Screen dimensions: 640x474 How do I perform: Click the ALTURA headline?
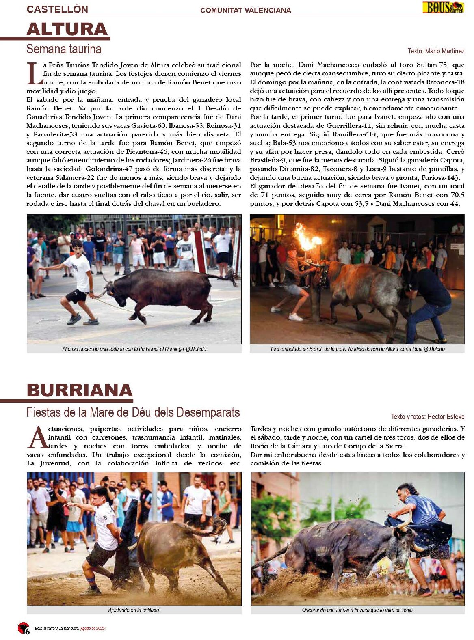(x=67, y=29)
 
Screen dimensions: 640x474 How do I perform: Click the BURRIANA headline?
(x=80, y=390)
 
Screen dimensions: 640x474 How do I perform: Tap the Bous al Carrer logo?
(x=443, y=7)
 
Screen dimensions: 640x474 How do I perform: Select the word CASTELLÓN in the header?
(x=57, y=9)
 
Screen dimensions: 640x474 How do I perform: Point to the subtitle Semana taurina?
(x=64, y=49)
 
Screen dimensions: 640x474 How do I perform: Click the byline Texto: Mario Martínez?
(x=436, y=51)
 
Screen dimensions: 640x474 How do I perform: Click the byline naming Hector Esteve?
(x=428, y=417)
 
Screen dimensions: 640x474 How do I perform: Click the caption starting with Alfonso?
(x=134, y=349)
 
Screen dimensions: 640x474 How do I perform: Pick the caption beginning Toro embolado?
(x=357, y=349)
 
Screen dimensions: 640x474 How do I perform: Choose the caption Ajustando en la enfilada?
(x=134, y=610)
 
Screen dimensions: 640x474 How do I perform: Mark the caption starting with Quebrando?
(x=357, y=610)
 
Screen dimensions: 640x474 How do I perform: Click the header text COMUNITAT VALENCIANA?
(x=246, y=11)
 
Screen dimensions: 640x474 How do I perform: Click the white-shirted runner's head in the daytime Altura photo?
(x=77, y=245)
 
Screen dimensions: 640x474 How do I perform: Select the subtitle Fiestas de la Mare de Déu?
(x=133, y=413)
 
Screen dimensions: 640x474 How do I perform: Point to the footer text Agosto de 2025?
(x=93, y=629)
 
